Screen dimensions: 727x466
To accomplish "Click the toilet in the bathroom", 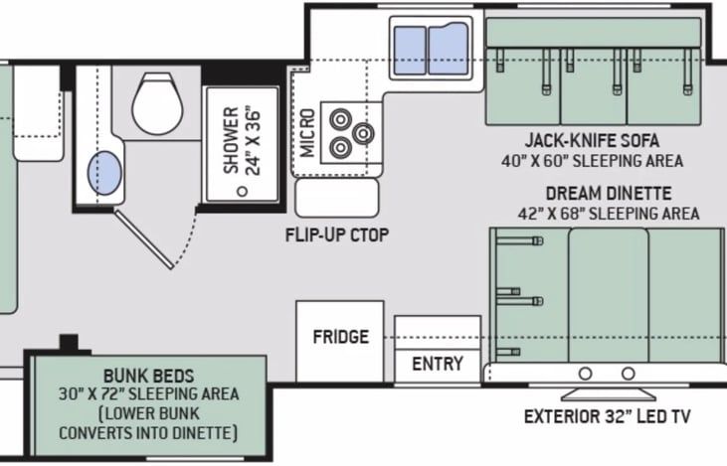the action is [157, 103].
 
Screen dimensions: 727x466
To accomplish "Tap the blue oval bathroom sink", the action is [104, 173].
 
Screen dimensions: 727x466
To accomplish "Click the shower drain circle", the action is [242, 191].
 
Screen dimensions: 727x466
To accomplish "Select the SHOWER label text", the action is [231, 141].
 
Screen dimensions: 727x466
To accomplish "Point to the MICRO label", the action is [307, 133].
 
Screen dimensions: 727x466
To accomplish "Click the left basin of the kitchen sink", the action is [410, 51].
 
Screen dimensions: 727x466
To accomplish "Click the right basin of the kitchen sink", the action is [448, 49].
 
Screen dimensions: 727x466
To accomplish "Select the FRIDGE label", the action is [341, 337].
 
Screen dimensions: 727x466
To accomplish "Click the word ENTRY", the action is [438, 364].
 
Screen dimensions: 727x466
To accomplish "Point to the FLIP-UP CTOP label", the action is [337, 235].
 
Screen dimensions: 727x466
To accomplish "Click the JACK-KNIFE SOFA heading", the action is [592, 140].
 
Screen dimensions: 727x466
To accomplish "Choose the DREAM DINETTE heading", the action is [609, 193].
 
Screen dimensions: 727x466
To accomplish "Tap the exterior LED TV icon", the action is [609, 394].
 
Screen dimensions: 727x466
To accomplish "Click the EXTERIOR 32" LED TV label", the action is [608, 416].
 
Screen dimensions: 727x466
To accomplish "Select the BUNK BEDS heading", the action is [149, 376].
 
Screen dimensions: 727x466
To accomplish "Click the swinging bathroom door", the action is [144, 239].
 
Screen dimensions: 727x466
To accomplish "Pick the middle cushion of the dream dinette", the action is [609, 295].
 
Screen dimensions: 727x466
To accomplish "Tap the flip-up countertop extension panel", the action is [337, 198].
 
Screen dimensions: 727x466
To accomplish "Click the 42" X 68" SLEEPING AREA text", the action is [609, 214].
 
